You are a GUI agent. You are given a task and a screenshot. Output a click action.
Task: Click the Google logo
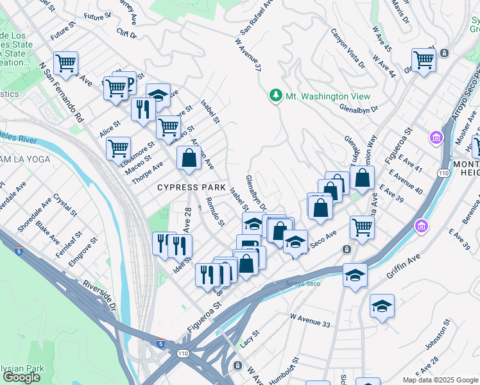coord(21,377)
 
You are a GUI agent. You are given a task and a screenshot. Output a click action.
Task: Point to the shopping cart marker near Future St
coord(65,63)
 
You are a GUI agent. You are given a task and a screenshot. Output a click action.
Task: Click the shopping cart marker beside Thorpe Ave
coord(118,148)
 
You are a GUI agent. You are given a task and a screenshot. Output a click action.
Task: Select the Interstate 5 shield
coord(161,344)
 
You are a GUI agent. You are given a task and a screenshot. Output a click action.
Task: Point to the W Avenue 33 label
coord(310,321)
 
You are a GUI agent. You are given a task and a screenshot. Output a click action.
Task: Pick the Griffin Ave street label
coord(403,266)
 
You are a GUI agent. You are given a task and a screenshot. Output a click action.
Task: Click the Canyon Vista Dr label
coord(348,48)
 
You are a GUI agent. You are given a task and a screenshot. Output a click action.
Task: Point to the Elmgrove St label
coord(84,251)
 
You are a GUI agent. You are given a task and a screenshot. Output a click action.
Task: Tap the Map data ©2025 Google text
coord(440,380)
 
